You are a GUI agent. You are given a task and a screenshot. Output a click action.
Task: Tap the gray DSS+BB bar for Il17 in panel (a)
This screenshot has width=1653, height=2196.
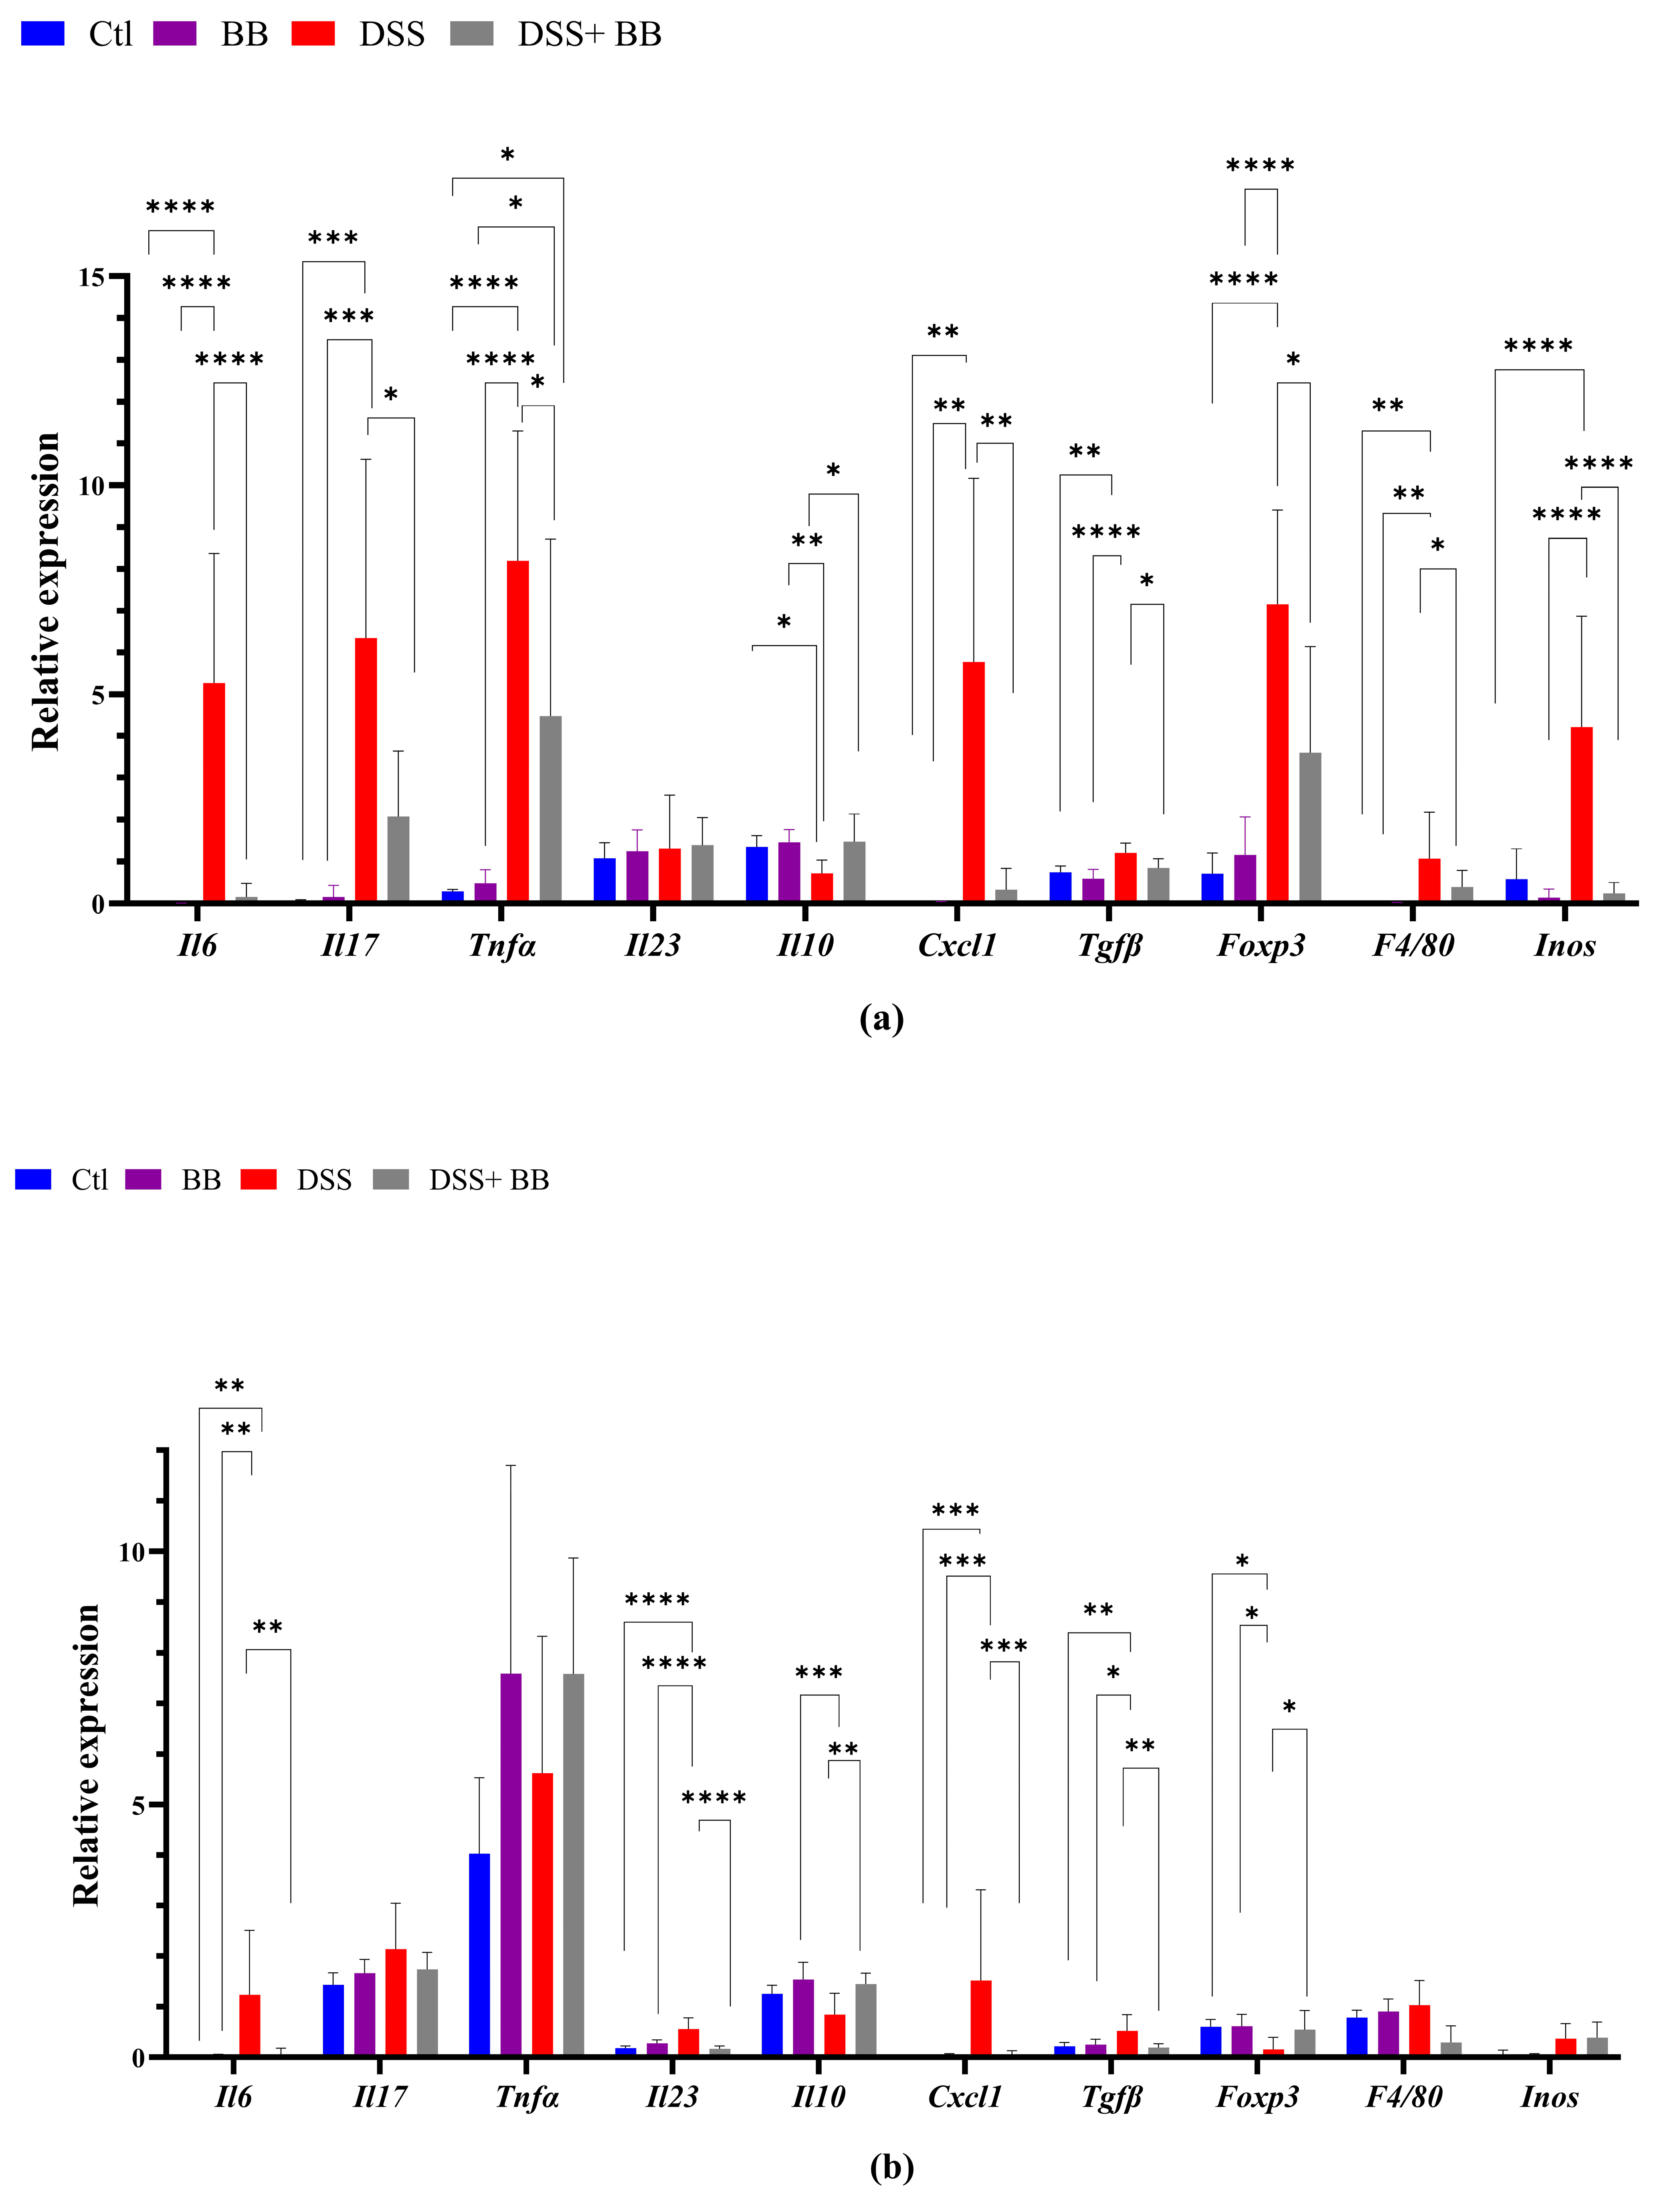[x=398, y=859]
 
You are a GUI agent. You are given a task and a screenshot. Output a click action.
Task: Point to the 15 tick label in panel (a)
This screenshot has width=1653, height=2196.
[x=91, y=277]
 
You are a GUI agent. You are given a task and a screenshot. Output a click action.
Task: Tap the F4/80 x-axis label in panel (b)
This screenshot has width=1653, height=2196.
[x=1403, y=2097]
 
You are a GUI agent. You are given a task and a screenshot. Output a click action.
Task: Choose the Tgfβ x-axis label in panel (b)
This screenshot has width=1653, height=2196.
[x=1111, y=2097]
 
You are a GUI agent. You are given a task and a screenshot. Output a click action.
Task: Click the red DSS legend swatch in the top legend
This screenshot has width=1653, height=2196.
[x=313, y=34]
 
